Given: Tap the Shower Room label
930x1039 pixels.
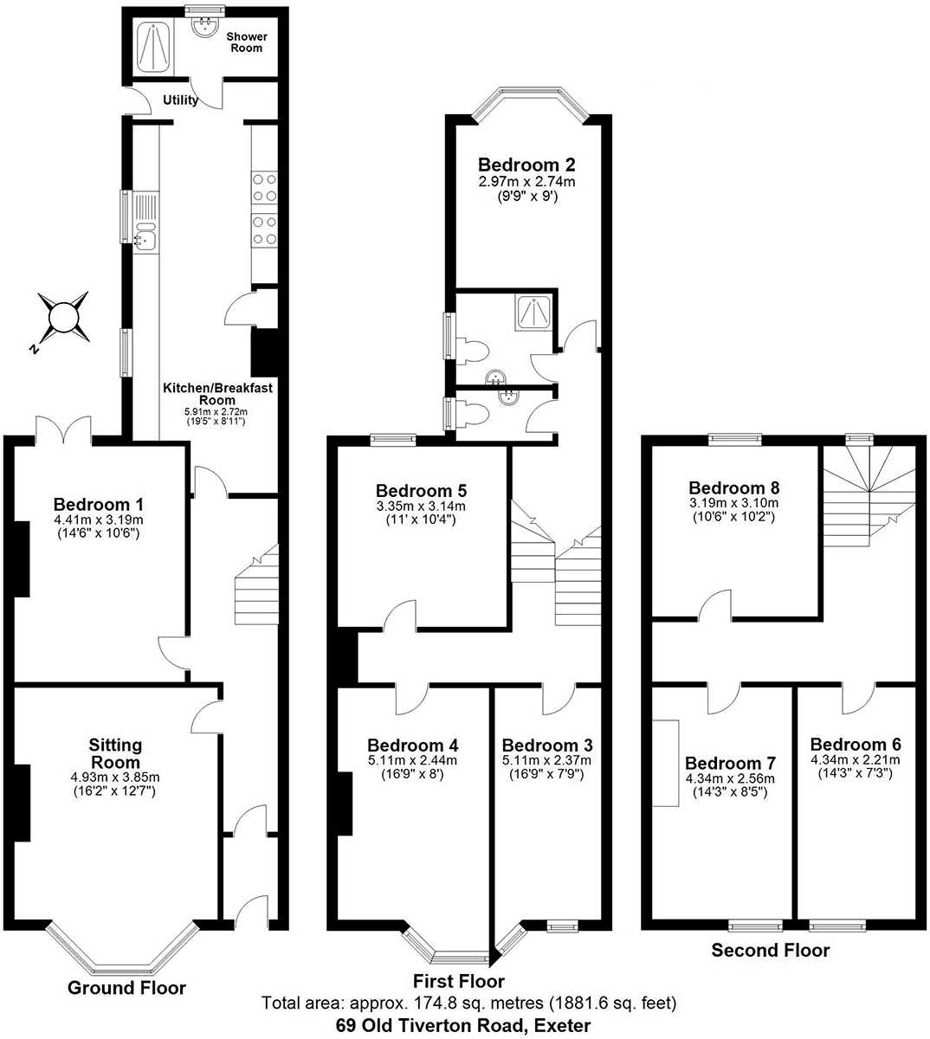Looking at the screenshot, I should [247, 42].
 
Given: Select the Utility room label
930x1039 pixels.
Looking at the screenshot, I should [180, 100].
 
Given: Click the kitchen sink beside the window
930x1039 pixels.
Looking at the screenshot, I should [146, 235].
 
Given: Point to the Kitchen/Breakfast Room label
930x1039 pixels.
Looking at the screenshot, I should [217, 394].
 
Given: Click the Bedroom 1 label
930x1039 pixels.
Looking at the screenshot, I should [98, 505].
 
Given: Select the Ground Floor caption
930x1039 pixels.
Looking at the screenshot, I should [126, 988].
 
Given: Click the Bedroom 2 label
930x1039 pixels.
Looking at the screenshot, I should [526, 165].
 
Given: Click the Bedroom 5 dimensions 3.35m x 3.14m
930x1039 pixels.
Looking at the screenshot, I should [421, 507].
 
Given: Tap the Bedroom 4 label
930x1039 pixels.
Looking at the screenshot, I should [412, 745].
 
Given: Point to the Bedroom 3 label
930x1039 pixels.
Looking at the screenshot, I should [547, 745].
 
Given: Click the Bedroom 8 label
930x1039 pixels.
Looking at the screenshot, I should [733, 487].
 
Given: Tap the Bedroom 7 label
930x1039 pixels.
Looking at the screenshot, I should [730, 764].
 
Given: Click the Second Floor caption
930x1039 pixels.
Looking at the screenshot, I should [770, 951].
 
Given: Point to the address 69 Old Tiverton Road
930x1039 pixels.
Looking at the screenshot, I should [463, 1026].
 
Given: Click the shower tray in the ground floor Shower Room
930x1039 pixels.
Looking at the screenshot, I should [158, 48].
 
